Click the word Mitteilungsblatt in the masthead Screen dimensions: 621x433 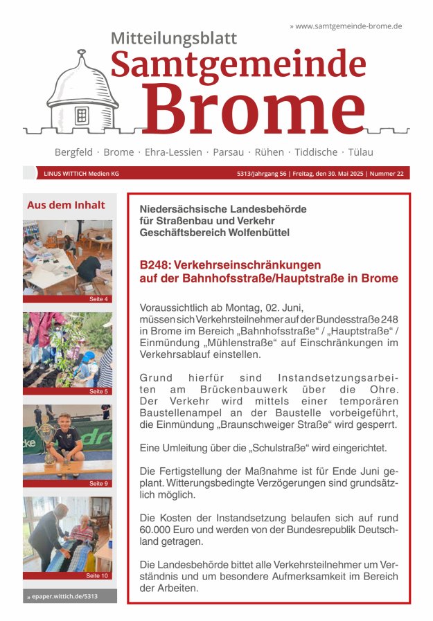174,39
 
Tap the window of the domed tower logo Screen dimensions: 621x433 82,115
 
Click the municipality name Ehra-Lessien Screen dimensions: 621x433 173,152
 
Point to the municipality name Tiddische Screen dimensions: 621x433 316,152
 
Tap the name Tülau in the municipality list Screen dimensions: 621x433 360,152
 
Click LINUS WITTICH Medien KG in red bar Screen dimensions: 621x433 81,174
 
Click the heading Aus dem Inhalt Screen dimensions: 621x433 66,205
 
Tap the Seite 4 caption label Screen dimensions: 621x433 98,299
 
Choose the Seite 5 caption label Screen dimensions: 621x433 98,392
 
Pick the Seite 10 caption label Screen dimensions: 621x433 97,575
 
